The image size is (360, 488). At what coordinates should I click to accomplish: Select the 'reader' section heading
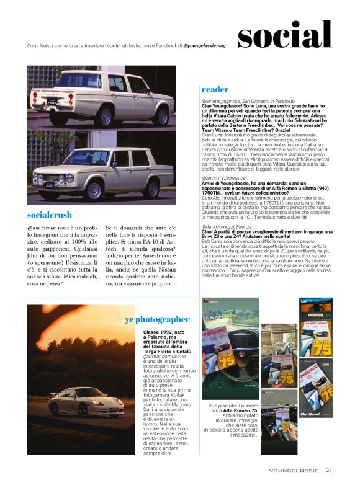[x=215, y=89]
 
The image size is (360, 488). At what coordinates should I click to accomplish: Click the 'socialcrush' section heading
[x=50, y=215]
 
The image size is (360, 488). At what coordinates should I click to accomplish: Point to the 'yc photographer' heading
[x=157, y=319]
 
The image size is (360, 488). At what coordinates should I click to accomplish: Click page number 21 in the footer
[x=329, y=470]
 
